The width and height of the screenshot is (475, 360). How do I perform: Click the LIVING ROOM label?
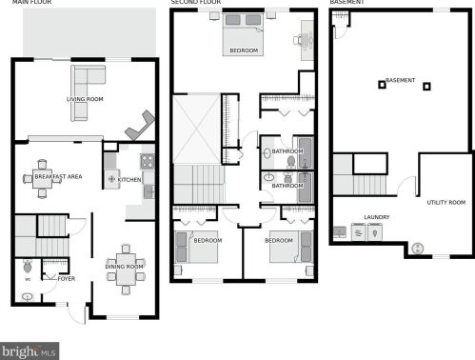click(85, 99)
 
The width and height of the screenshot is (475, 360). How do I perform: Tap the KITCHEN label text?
click(129, 180)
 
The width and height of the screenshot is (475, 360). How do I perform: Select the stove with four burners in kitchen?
click(148, 161)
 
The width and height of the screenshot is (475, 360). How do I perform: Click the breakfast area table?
click(42, 179)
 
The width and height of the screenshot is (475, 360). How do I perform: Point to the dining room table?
click(126, 270)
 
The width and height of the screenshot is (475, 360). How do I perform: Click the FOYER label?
click(67, 279)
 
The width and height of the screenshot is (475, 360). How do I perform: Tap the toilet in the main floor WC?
click(28, 266)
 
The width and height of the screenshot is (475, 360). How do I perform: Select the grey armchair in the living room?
click(140, 125)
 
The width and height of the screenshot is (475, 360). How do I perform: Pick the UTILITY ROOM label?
click(446, 202)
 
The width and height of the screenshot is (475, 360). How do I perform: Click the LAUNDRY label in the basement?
click(377, 217)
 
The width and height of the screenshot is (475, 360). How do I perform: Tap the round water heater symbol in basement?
click(418, 249)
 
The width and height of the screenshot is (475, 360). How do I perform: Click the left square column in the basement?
click(382, 85)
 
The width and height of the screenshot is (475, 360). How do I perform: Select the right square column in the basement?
click(426, 87)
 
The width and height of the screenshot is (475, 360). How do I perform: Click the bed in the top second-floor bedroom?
click(244, 34)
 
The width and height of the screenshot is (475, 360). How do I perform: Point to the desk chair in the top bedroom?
click(298, 40)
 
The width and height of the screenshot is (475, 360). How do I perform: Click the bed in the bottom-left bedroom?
click(196, 247)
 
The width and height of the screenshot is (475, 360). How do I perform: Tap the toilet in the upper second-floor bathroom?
click(291, 162)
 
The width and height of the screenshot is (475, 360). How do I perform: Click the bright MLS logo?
click(30, 351)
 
